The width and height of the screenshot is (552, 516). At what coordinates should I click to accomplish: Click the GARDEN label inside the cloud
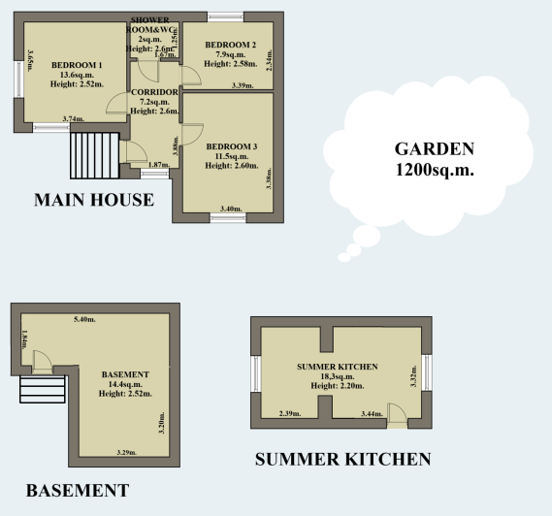pyautogui.click(x=434, y=149)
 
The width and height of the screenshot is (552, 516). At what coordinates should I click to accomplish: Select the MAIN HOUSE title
pyautogui.click(x=93, y=201)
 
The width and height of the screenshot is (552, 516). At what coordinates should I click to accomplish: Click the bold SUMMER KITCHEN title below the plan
pyautogui.click(x=342, y=459)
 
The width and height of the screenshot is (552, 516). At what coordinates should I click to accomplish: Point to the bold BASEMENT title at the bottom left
pyautogui.click(x=77, y=491)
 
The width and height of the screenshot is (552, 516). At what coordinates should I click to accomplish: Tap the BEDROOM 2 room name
pyautogui.click(x=232, y=45)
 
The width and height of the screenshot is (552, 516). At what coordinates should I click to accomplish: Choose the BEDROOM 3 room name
pyautogui.click(x=232, y=146)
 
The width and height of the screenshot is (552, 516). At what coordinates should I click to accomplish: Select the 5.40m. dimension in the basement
pyautogui.click(x=85, y=319)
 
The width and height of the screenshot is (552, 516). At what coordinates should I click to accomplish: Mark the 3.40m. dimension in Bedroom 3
pyautogui.click(x=231, y=209)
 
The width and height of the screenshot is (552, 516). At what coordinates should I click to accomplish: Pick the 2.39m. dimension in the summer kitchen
pyautogui.click(x=290, y=414)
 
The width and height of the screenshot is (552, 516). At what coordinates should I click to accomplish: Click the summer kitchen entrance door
pyautogui.click(x=397, y=412)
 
